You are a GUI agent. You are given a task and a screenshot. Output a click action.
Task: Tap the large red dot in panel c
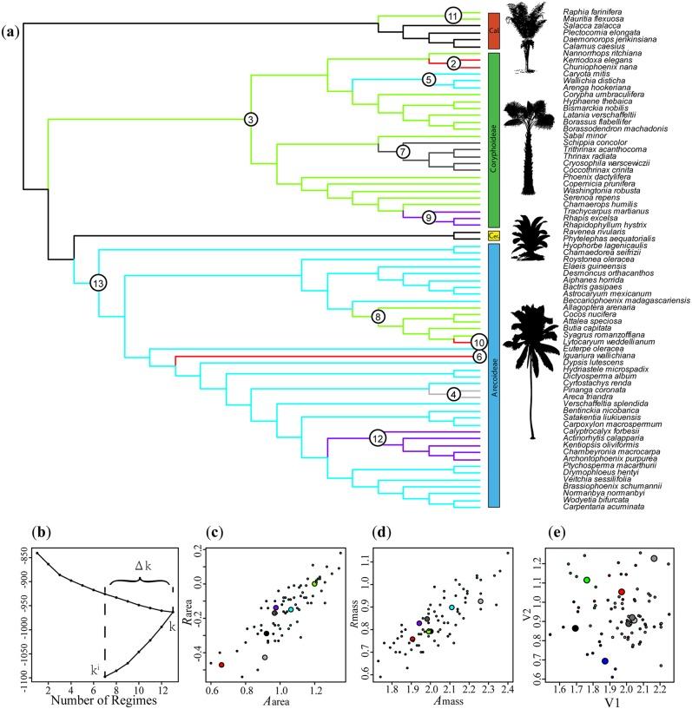point(221,666)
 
